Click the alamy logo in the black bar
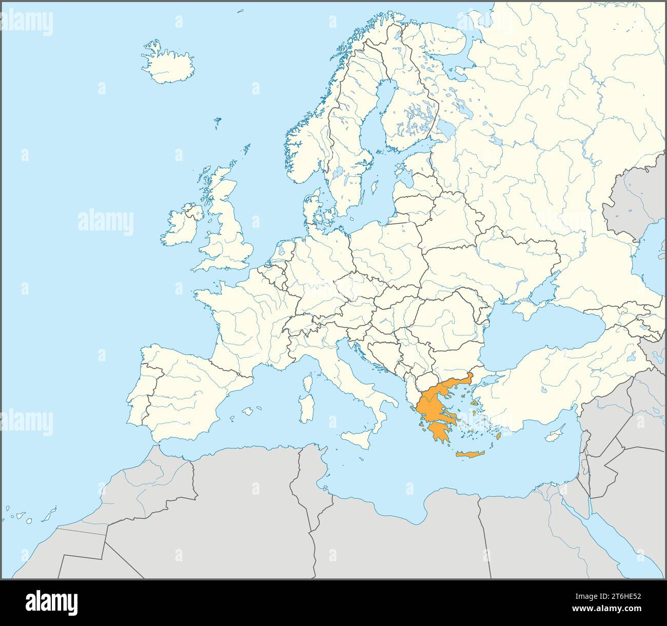coord(51,602)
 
